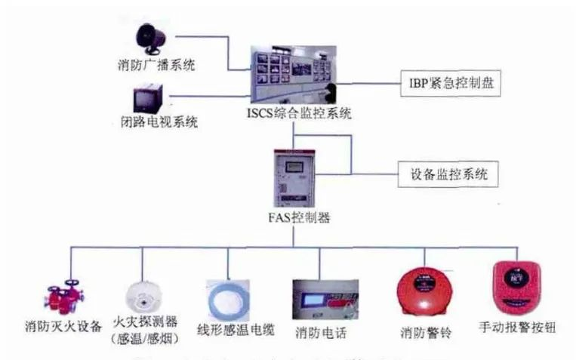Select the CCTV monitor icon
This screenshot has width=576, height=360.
pos(146,97)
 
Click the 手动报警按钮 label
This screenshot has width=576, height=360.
pos(519,328)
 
